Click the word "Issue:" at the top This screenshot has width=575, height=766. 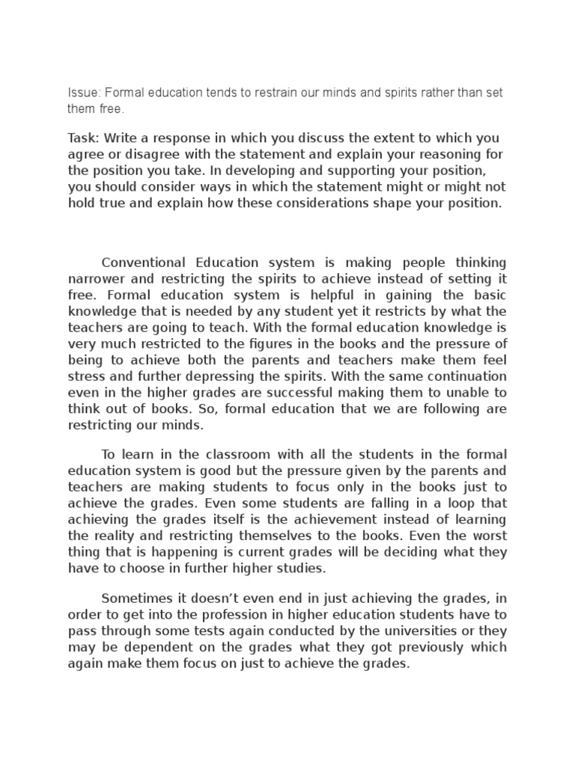(84, 92)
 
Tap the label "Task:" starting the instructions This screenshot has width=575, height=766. (84, 138)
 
